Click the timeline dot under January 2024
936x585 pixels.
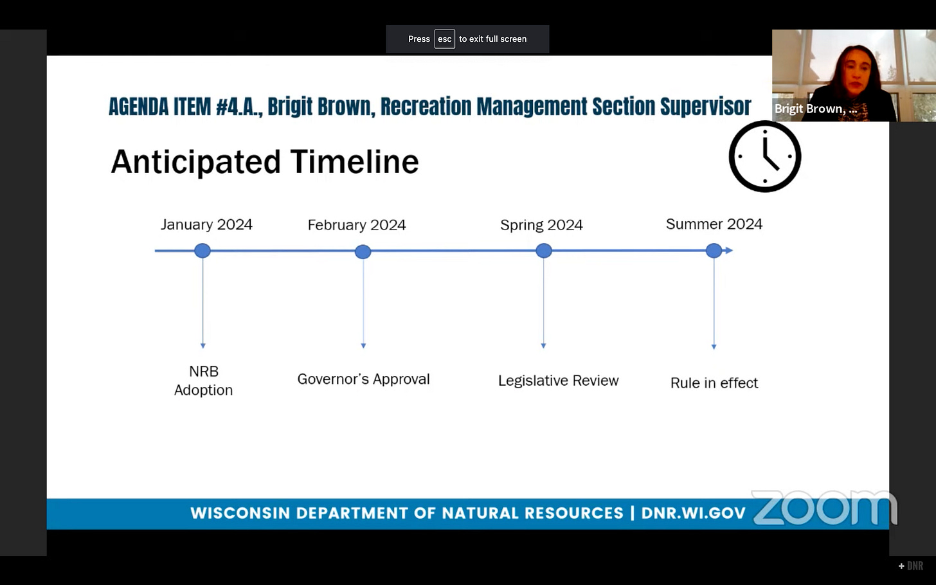pyautogui.click(x=203, y=251)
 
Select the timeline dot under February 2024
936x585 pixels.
pyautogui.click(x=363, y=251)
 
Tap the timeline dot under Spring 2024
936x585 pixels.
pyautogui.click(x=544, y=251)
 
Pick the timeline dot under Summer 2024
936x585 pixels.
pyautogui.click(x=714, y=251)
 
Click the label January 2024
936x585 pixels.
pyautogui.click(x=206, y=225)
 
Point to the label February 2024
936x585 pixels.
pyautogui.click(x=357, y=225)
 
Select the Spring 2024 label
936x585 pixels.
pyautogui.click(x=541, y=225)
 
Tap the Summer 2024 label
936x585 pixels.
pyautogui.click(x=714, y=224)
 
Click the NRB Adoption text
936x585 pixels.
pyautogui.click(x=204, y=381)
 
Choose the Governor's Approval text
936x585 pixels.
pyautogui.click(x=364, y=379)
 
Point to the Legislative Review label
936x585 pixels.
pyautogui.click(x=558, y=381)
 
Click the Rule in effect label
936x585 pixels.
pyautogui.click(x=714, y=382)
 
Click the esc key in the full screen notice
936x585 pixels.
pyautogui.click(x=445, y=39)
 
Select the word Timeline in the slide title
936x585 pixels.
pyautogui.click(x=355, y=162)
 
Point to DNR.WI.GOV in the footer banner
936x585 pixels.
pyautogui.click(x=693, y=513)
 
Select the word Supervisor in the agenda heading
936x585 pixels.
pyautogui.click(x=706, y=106)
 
